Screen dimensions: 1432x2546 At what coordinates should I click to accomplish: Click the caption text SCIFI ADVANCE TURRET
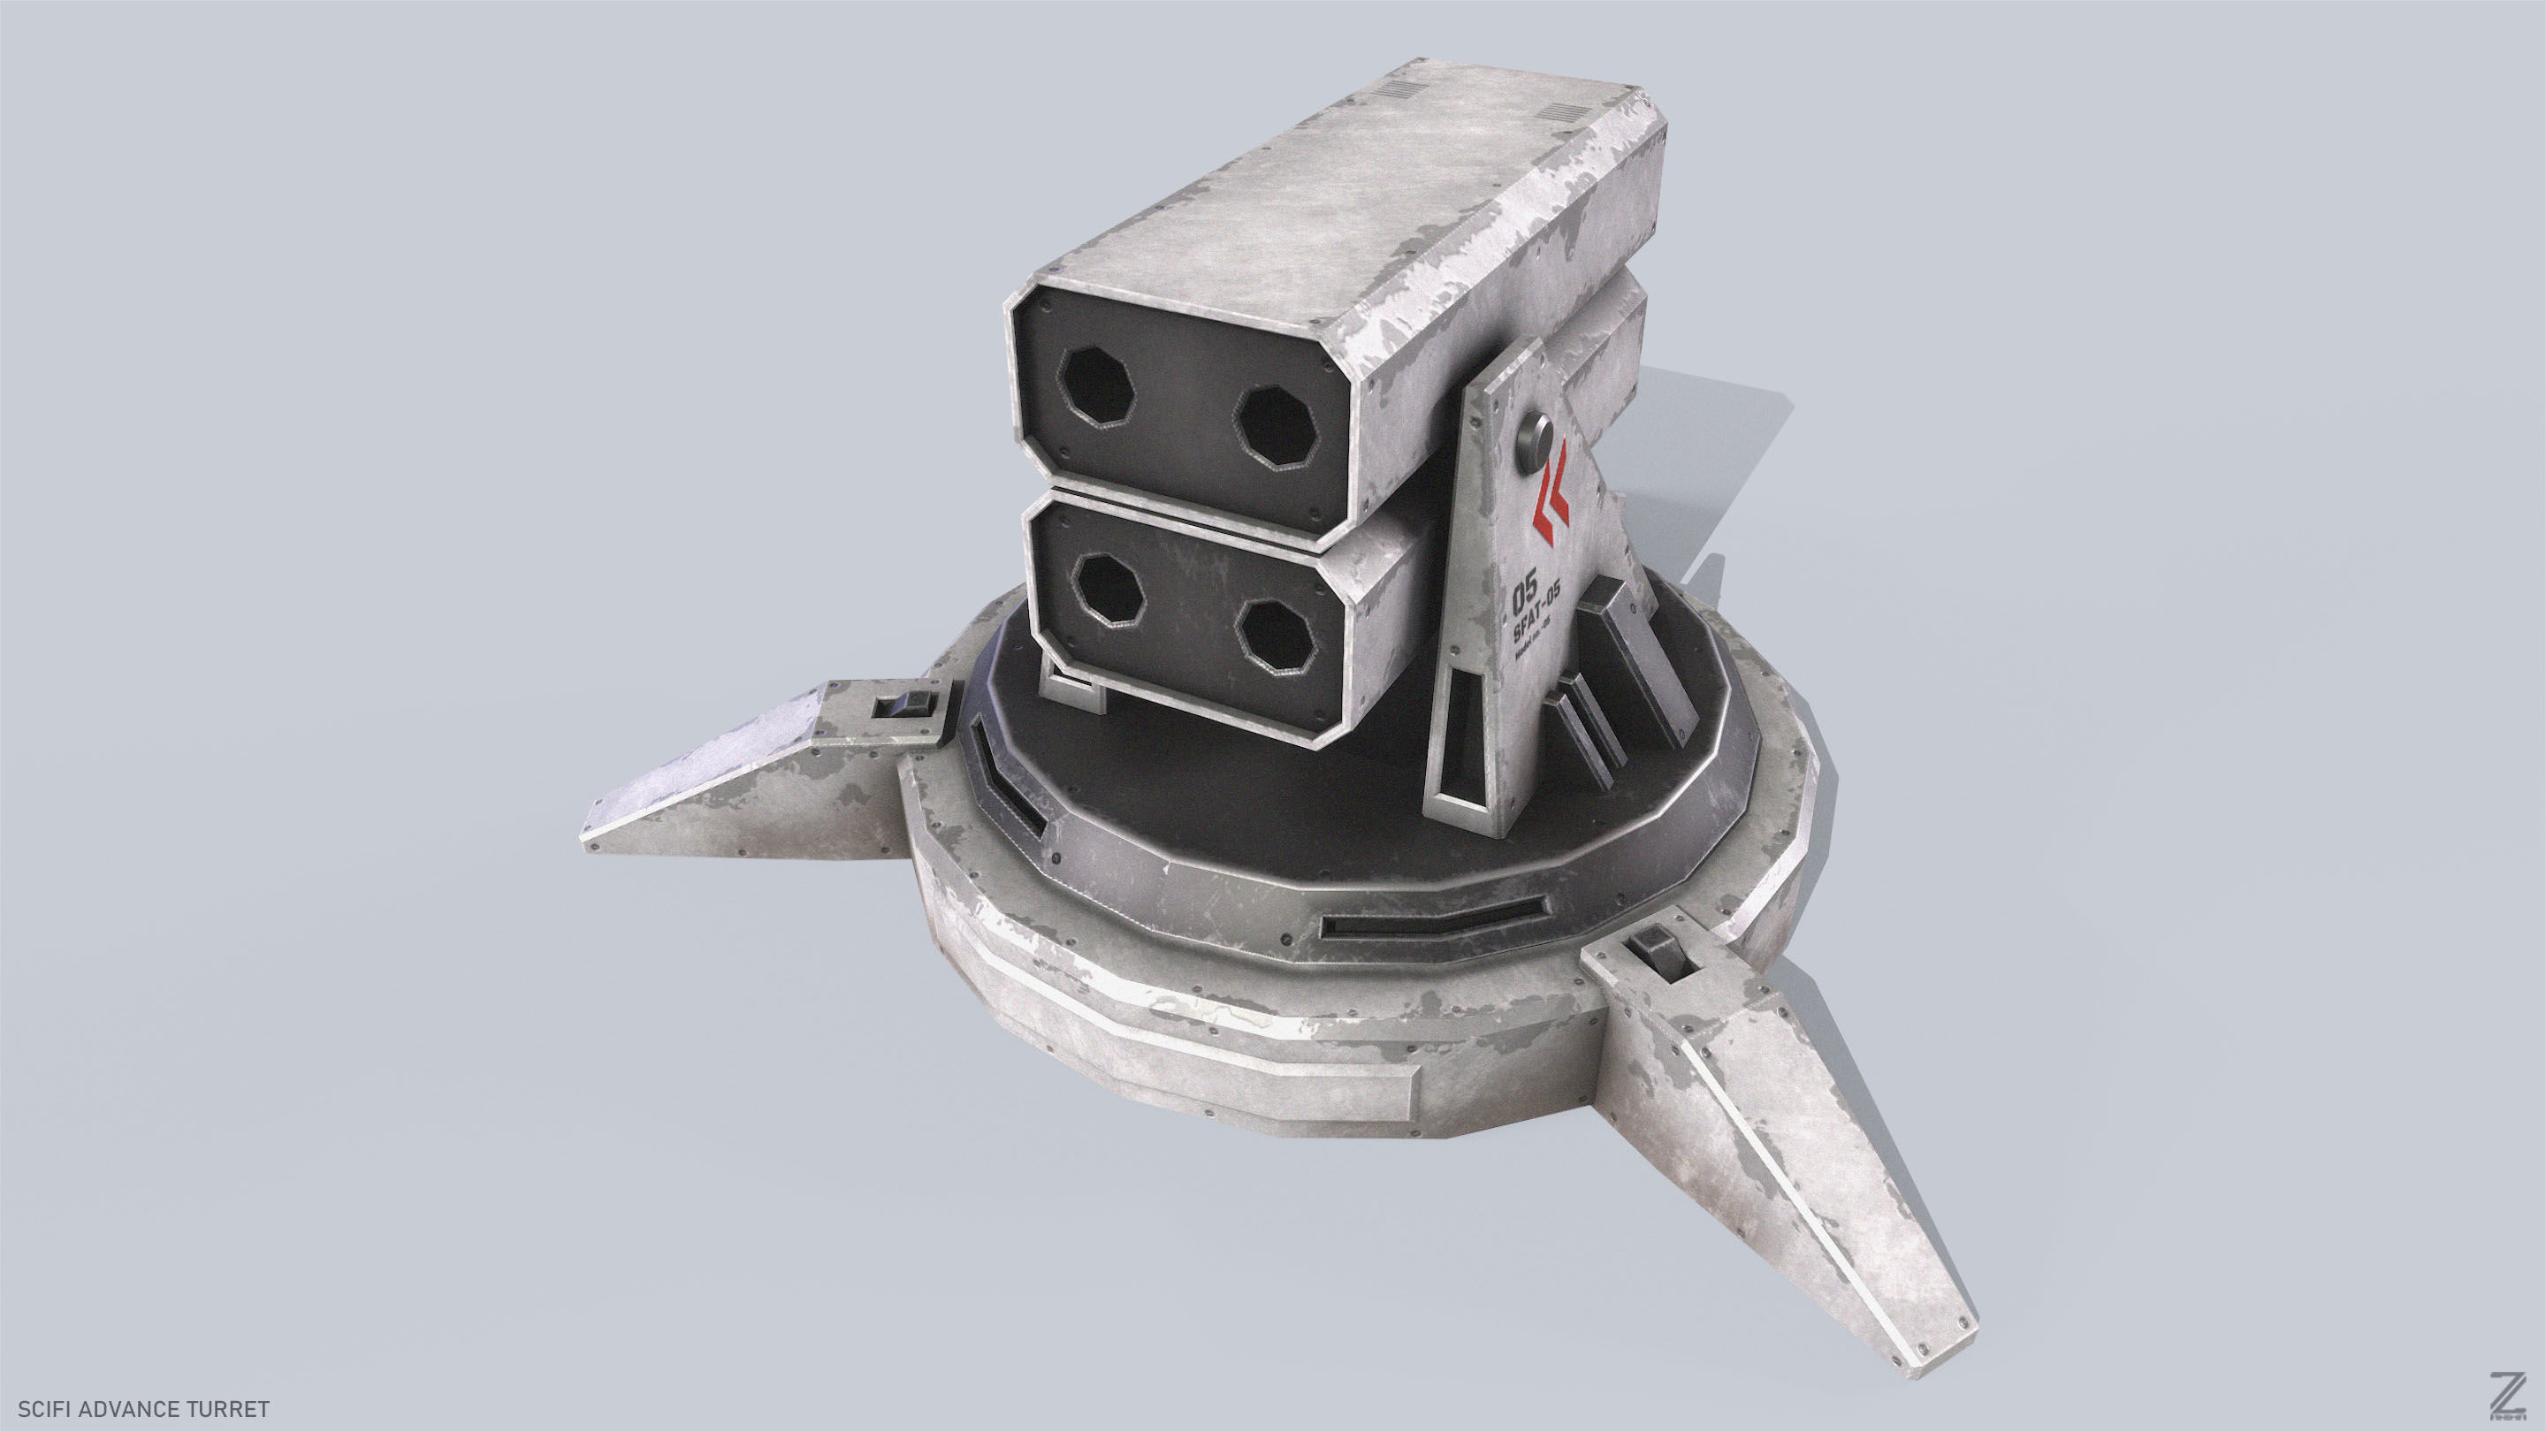tap(143, 1407)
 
